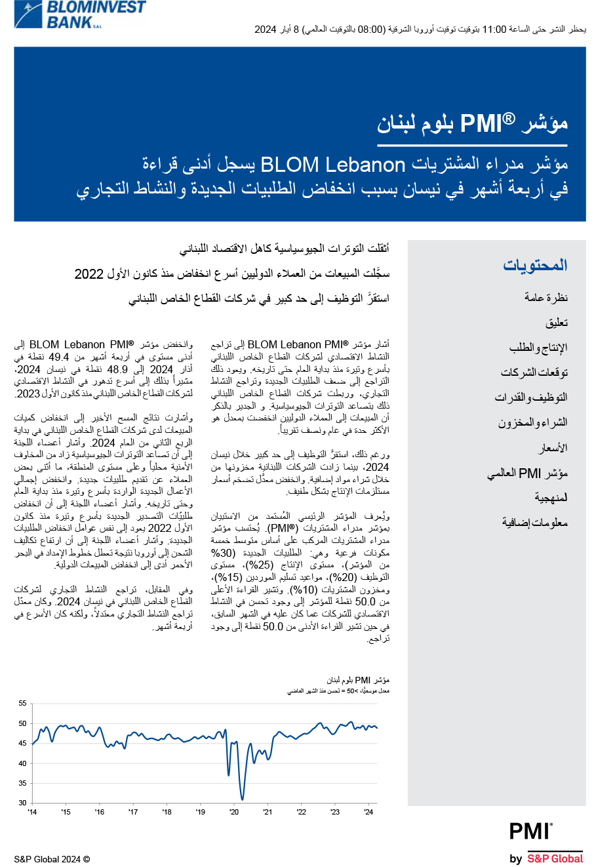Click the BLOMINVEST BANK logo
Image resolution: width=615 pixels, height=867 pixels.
(x=80, y=14)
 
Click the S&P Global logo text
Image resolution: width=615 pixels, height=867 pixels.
(x=554, y=858)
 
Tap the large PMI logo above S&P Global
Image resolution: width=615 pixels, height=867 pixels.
(x=530, y=832)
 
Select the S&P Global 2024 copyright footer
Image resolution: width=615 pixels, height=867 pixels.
(x=52, y=859)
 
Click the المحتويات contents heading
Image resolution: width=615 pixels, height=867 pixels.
(x=535, y=266)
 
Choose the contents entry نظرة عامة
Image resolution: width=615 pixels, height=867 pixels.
(x=546, y=298)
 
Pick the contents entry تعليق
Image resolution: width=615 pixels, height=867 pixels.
(x=556, y=323)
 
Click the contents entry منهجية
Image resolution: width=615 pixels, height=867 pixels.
(x=551, y=498)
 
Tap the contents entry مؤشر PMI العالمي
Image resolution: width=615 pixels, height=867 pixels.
(x=527, y=473)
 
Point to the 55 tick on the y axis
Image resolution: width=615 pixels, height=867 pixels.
(x=23, y=704)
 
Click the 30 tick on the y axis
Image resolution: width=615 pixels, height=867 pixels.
(x=23, y=803)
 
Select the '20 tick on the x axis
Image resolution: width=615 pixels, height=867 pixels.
(x=234, y=812)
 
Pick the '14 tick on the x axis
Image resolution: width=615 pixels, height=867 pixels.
(x=32, y=812)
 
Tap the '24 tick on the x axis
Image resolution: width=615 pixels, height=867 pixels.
(x=368, y=812)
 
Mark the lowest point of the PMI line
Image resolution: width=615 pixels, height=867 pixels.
(x=242, y=799)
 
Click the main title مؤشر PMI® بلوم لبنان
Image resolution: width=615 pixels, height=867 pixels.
(x=472, y=123)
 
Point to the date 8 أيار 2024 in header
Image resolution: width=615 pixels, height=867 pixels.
(x=276, y=30)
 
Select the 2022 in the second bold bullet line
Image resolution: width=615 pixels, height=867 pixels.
(x=89, y=274)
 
